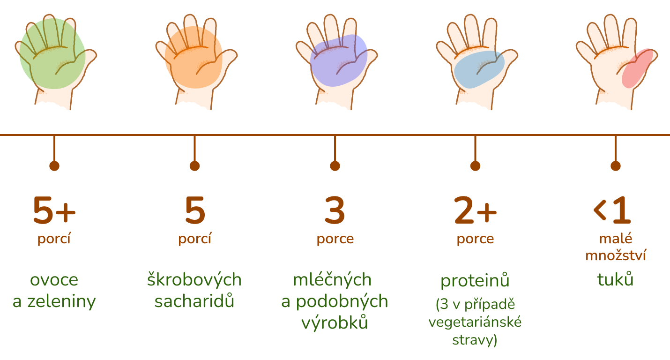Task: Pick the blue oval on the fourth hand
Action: [478, 69]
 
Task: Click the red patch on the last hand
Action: [637, 68]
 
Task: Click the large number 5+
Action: [54, 211]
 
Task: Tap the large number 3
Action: [335, 211]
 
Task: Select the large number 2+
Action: [475, 211]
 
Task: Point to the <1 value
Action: [612, 211]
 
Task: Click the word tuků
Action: [615, 280]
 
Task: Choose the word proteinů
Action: [475, 281]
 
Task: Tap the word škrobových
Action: [194, 280]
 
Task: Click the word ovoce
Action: [54, 280]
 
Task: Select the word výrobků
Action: [335, 323]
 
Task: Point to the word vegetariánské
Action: [475, 322]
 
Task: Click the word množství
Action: [615, 256]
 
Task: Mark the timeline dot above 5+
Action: [54, 166]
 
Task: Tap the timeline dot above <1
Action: [616, 166]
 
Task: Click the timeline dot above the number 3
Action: [335, 166]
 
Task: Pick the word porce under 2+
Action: [475, 239]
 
